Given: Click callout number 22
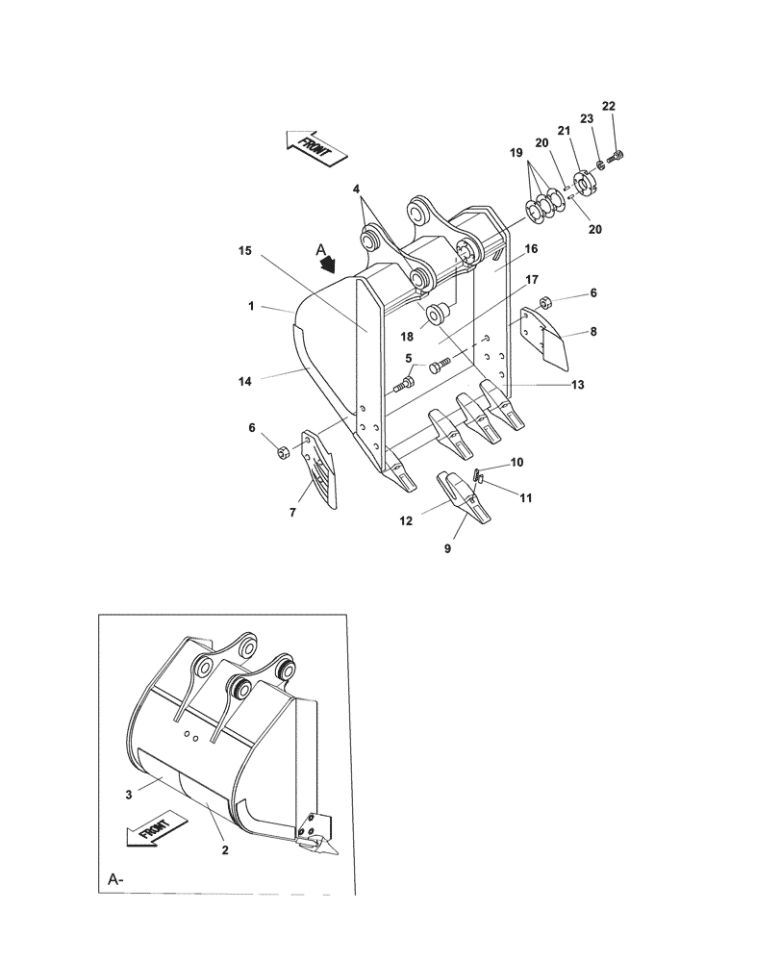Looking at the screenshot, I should tap(608, 105).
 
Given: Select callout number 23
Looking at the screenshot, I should tap(586, 119).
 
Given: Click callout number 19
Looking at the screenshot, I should tap(516, 153).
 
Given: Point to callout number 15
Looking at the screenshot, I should tap(245, 250).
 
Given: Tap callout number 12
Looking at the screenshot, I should tap(406, 520).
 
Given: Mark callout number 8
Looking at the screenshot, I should tap(593, 331).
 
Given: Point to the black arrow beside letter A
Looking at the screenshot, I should tap(330, 260).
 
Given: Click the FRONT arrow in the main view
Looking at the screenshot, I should tap(316, 147).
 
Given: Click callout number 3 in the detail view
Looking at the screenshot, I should tap(127, 795).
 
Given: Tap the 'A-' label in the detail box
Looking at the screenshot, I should tap(115, 879).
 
